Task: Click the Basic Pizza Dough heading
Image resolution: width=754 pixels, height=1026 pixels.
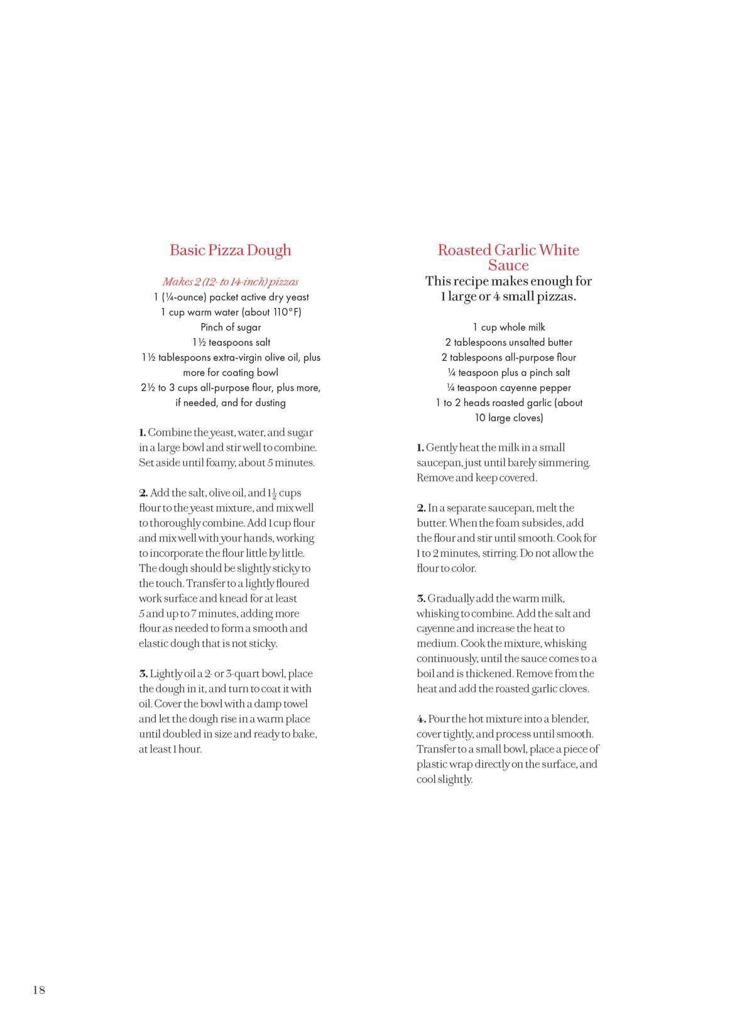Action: click(231, 250)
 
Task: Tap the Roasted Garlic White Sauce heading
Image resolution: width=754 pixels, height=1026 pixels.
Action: click(508, 257)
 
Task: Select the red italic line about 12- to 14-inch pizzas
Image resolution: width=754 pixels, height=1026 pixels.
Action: click(231, 282)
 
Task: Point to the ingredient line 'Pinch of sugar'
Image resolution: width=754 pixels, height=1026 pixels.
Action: click(231, 327)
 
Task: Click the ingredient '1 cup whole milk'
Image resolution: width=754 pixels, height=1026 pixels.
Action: click(509, 327)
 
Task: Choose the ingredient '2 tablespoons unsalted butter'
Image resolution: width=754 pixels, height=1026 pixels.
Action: click(509, 342)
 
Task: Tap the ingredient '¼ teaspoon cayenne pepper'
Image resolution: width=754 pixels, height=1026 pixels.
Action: click(509, 387)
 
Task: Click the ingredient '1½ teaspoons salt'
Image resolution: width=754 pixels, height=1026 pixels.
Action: click(231, 342)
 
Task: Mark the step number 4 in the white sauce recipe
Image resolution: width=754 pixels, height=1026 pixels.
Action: click(422, 719)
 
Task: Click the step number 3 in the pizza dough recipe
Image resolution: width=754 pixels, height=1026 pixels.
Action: click(143, 674)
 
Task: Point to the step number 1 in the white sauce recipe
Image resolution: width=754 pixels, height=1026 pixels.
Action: click(420, 448)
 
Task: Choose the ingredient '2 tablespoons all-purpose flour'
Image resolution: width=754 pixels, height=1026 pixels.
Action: click(509, 357)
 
